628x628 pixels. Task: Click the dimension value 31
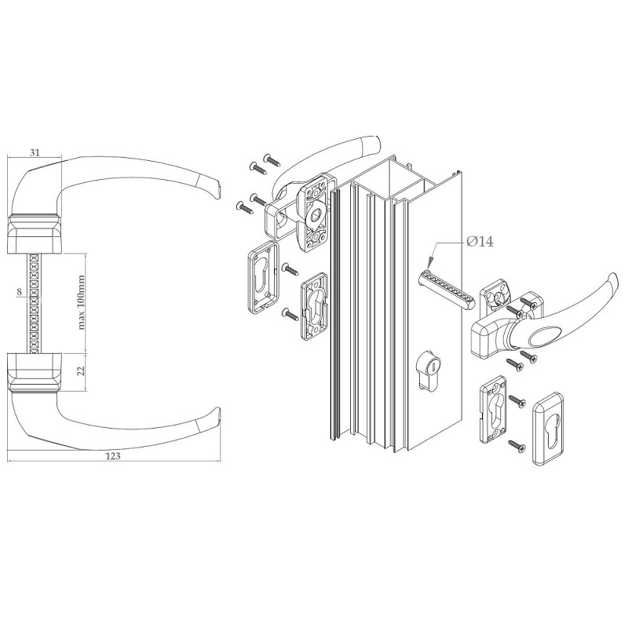[35, 152]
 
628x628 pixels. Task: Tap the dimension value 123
[114, 456]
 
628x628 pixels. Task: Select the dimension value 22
[82, 371]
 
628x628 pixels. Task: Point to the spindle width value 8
[19, 292]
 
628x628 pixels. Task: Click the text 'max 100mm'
[82, 302]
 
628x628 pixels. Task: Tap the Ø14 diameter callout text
[480, 242]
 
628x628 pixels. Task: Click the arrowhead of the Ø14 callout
[429, 265]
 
